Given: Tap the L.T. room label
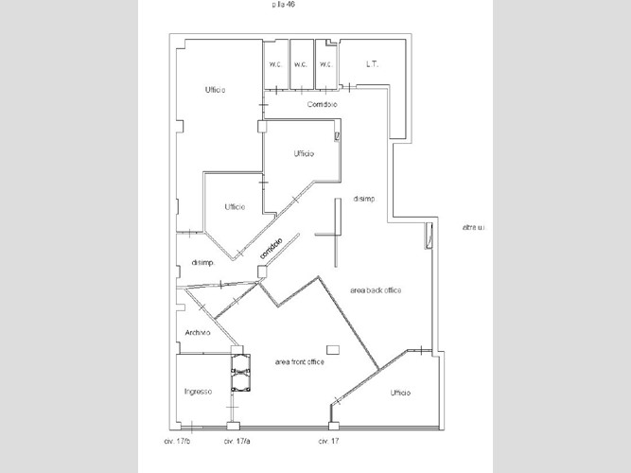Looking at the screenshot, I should click(x=372, y=65).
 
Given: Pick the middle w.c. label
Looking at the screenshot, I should click(x=300, y=65).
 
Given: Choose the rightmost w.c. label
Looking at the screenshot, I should click(x=325, y=65).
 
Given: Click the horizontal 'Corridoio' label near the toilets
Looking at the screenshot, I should click(x=324, y=104).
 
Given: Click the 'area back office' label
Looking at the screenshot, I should click(x=376, y=290).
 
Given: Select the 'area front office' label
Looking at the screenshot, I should click(x=299, y=362).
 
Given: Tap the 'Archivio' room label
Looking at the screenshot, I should click(x=198, y=332).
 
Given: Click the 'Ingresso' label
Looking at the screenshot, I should click(x=198, y=391).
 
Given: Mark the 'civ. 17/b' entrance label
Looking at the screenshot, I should click(x=177, y=441).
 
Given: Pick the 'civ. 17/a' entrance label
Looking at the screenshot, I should click(x=236, y=441).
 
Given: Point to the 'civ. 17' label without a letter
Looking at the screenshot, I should click(x=328, y=441).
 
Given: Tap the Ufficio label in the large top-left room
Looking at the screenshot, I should click(x=215, y=90).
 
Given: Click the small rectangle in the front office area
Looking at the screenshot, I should click(x=332, y=347).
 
